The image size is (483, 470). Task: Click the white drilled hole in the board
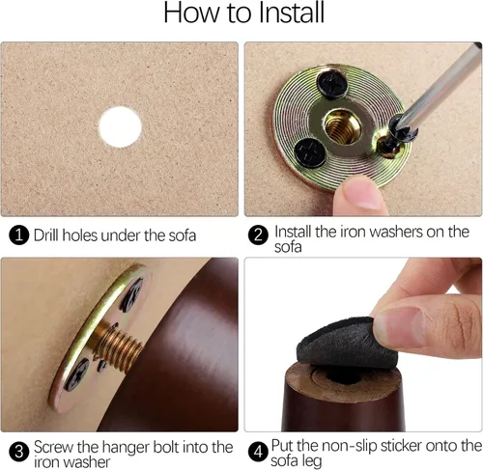coord(120,127)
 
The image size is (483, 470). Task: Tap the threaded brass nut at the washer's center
coord(342,126)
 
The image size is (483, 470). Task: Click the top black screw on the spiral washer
coord(332,83)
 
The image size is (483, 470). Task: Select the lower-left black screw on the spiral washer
coord(310,153)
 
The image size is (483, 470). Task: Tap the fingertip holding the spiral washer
coord(360,195)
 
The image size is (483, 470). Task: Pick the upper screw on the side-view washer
coord(131,295)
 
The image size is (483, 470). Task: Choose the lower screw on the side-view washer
coord(76,374)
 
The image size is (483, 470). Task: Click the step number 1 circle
coord(19,235)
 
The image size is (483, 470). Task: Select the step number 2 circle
coord(258,235)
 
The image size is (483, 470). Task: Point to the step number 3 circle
coord(19,452)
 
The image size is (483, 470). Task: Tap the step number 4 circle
coord(258,452)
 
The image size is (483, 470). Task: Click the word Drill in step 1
coord(46,235)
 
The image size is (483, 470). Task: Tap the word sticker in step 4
coord(401,446)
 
